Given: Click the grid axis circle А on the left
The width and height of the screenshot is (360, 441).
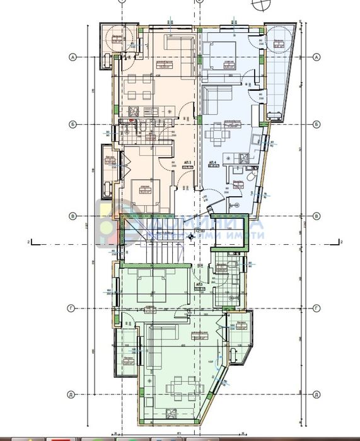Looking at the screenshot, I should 73,57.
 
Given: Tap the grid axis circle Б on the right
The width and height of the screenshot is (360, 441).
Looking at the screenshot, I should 315,124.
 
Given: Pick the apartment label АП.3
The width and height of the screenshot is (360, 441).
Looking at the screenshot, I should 199,285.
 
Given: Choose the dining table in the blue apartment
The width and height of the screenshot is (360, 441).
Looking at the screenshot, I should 219,133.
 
